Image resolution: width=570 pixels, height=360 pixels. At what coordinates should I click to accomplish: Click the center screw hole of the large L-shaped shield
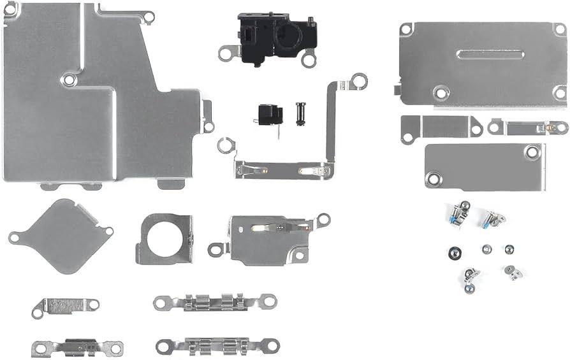[x=69, y=80]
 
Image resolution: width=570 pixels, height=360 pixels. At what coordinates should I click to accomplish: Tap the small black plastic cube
[x=269, y=115]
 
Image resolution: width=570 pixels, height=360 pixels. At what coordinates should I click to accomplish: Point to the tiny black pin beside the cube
[x=300, y=114]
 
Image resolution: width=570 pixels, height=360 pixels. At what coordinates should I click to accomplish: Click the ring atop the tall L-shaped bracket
[x=359, y=80]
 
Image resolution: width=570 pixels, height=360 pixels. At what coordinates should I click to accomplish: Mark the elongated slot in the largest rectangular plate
[x=490, y=55]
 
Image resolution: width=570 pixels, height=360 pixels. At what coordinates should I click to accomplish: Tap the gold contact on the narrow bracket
[x=550, y=127]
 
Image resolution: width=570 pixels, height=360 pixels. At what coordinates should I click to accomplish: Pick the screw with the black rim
[x=453, y=253]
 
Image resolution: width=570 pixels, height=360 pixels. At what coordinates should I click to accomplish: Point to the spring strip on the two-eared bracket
[x=271, y=226]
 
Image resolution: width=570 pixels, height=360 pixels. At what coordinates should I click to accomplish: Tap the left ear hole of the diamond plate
[x=13, y=238]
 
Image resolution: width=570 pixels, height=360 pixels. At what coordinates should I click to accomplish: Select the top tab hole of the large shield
[x=147, y=17]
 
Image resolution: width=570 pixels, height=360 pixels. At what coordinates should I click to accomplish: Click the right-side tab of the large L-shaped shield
[x=207, y=117]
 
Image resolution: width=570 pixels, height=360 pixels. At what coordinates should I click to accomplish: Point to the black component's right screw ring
[x=309, y=60]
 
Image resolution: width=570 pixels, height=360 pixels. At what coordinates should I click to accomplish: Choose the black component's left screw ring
[x=226, y=53]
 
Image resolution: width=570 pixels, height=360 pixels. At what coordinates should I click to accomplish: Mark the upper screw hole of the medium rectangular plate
[x=531, y=152]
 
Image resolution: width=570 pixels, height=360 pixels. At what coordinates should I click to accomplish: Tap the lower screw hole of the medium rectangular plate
[x=434, y=179]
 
